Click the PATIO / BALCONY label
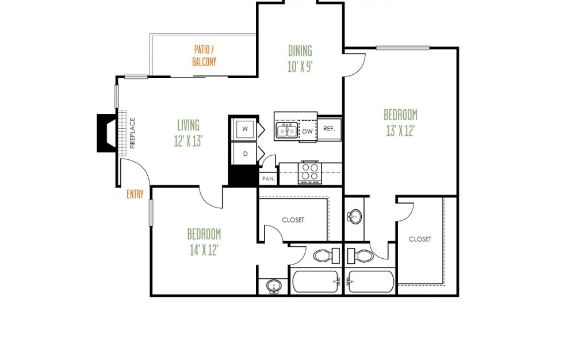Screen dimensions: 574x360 click(204, 56)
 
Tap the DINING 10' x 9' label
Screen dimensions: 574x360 click(300, 59)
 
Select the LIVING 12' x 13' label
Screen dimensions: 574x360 click(188, 133)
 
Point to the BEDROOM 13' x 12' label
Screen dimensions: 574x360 click(400, 122)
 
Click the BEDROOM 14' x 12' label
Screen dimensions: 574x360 click(204, 242)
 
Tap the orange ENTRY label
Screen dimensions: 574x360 click(135, 194)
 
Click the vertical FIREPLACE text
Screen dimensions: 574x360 click(132, 133)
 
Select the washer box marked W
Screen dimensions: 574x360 click(245, 129)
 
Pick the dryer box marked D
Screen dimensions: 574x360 click(245, 154)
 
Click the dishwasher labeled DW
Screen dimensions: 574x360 click(308, 131)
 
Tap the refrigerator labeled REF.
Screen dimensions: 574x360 click(329, 129)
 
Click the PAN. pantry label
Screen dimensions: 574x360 click(269, 179)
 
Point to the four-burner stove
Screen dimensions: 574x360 click(310, 173)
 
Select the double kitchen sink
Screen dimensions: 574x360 click(287, 131)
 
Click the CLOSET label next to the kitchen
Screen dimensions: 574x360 click(293, 220)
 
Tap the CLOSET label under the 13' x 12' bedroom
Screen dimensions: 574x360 click(420, 239)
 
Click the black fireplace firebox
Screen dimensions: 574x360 click(106, 133)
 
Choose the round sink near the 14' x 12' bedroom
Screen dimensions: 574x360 click(273, 286)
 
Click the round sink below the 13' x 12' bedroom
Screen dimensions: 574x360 click(354, 217)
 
